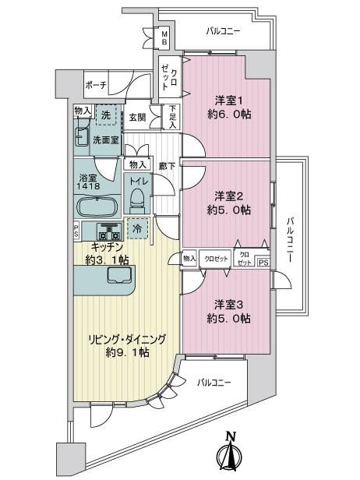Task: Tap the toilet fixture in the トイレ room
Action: [137, 200]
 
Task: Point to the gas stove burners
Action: [108, 232]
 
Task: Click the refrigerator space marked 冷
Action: [137, 228]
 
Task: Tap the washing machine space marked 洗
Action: [106, 115]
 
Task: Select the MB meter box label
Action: [164, 38]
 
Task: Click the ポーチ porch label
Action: [96, 85]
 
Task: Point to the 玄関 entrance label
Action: [137, 117]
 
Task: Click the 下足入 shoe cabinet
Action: [173, 117]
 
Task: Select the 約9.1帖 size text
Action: [127, 353]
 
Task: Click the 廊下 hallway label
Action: [168, 167]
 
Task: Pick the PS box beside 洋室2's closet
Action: [264, 263]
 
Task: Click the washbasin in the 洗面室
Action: [81, 136]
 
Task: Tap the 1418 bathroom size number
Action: [90, 185]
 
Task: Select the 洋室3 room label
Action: [229, 305]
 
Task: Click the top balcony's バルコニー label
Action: [223, 31]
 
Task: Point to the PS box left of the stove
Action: [76, 231]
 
